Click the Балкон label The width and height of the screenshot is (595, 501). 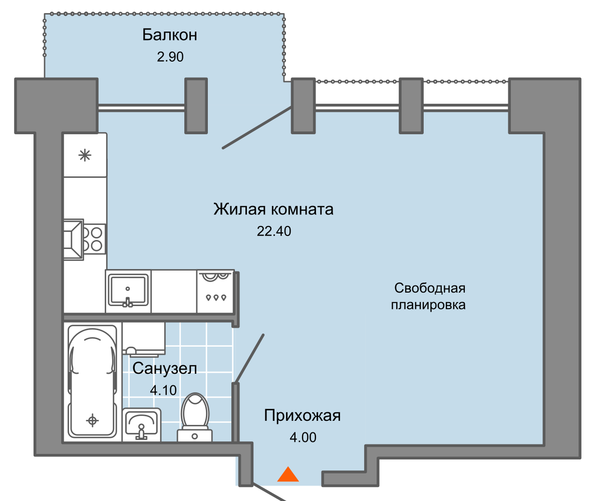click(170, 35)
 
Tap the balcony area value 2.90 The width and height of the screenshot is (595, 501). click(170, 57)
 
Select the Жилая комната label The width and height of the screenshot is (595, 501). click(273, 209)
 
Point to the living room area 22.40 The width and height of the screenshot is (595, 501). click(274, 231)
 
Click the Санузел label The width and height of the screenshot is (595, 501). click(165, 369)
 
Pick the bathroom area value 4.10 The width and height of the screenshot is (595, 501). click(164, 390)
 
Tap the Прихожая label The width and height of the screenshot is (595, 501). click(303, 416)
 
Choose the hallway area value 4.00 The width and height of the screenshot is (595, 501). click(303, 437)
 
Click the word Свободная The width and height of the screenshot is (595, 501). click(430, 288)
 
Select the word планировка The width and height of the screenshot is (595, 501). click(428, 305)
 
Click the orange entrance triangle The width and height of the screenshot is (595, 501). click(288, 474)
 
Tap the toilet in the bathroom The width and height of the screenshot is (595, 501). click(195, 417)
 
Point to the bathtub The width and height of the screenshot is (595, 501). click(92, 381)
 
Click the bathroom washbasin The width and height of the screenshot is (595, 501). click(142, 424)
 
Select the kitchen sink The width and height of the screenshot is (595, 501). click(128, 291)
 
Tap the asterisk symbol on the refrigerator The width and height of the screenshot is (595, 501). click(85, 155)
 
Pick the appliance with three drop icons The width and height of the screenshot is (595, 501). click(215, 292)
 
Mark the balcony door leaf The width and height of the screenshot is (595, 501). click(257, 128)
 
